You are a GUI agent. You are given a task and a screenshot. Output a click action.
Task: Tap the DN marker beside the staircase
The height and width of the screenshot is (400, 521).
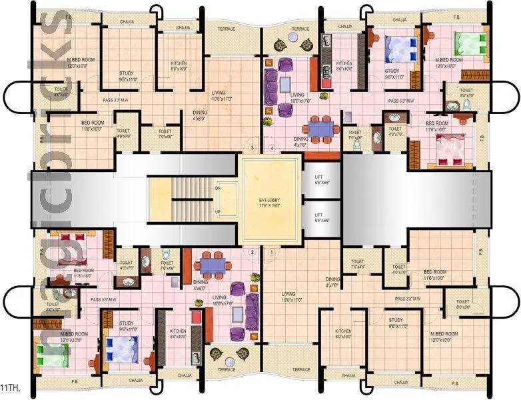click(218, 188)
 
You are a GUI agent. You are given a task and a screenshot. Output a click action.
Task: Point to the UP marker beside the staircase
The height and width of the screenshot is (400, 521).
click(218, 211)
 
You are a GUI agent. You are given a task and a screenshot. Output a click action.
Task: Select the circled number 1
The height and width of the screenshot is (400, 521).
click(271, 252)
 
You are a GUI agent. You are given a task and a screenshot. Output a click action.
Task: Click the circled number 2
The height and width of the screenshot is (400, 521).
click(252, 252)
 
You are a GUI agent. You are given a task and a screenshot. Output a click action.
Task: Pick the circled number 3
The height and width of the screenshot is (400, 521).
click(252, 147)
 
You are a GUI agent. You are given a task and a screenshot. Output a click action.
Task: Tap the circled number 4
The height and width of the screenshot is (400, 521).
click(271, 147)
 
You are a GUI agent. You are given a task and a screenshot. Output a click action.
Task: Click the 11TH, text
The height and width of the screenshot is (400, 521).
click(9, 387)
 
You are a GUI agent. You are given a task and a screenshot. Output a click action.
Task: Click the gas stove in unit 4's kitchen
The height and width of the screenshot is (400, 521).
click(326, 69)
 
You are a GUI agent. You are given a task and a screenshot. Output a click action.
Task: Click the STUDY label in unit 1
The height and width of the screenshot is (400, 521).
click(396, 321)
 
